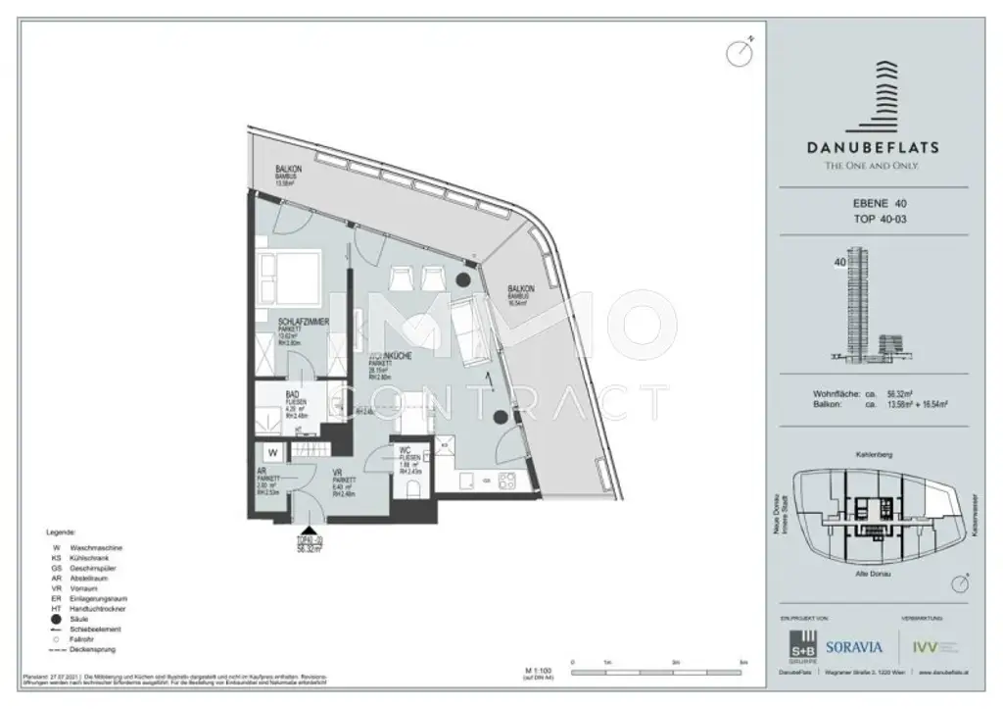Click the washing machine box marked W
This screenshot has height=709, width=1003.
tap(273, 453)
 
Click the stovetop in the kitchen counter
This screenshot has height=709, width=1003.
tap(506, 481)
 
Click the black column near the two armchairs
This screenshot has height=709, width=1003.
tap(461, 279)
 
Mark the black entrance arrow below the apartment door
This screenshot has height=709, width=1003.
tap(310, 531)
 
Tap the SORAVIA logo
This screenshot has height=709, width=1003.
tap(854, 647)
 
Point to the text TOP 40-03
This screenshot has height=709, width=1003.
tap(876, 222)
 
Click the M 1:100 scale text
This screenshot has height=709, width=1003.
tap(540, 670)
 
